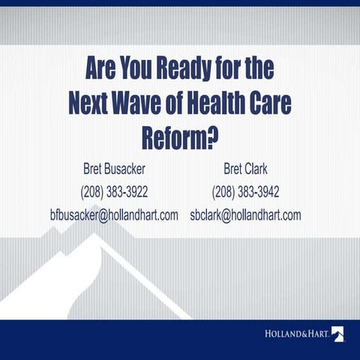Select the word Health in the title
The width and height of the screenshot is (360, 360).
click(x=223, y=103)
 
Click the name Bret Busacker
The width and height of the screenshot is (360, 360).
click(x=114, y=167)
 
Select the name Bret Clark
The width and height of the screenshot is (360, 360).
click(x=246, y=167)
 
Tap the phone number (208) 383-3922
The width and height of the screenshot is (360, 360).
click(x=114, y=190)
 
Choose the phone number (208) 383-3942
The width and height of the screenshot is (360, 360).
click(x=246, y=190)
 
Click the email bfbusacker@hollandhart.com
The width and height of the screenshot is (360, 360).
click(x=114, y=214)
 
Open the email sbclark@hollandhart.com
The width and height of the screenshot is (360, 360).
click(x=246, y=214)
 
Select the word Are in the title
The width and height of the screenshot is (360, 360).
click(x=102, y=70)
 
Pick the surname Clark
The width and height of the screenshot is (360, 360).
click(x=256, y=167)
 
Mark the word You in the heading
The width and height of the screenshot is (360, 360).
click(x=131, y=70)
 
